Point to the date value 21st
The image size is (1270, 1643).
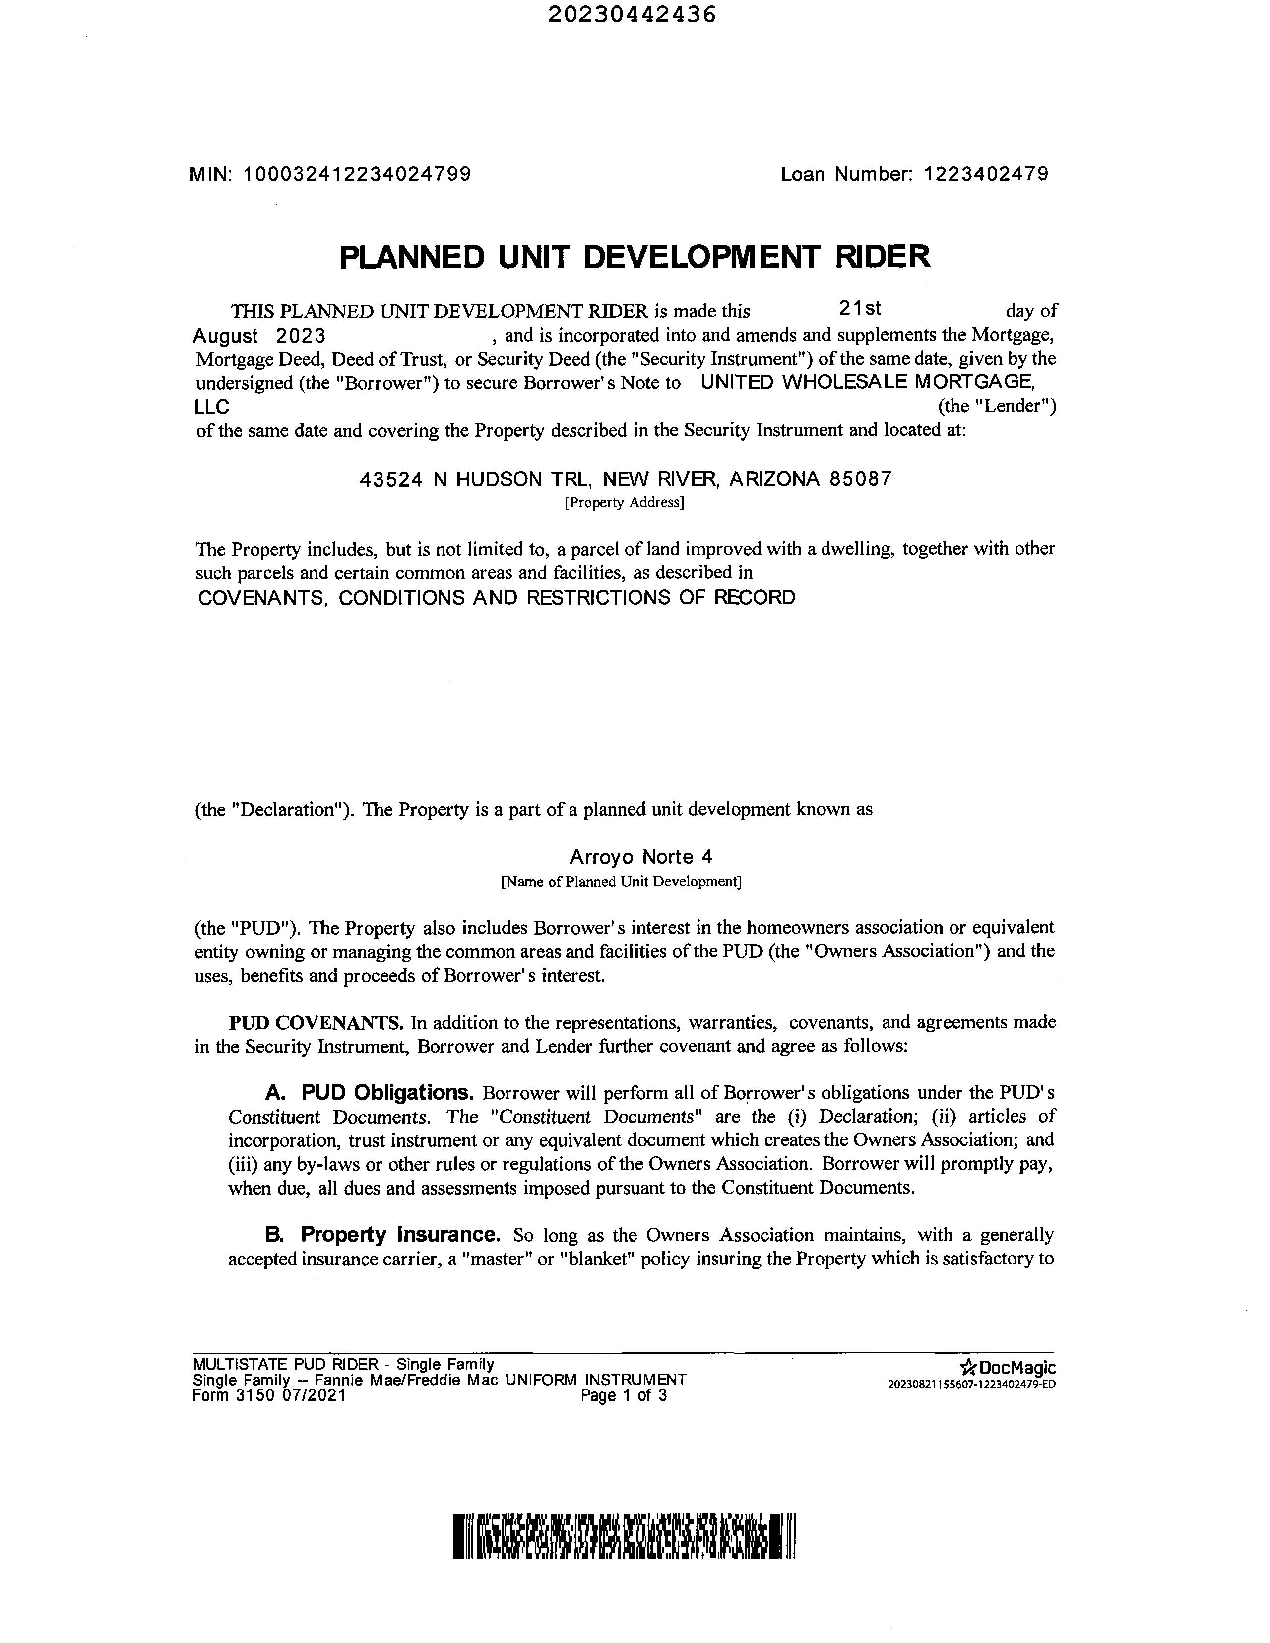coord(860,309)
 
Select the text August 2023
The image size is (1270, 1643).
coord(259,335)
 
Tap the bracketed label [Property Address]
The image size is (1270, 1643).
coord(624,503)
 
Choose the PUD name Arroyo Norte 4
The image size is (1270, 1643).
coord(641,857)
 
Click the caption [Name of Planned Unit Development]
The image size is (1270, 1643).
coord(622,881)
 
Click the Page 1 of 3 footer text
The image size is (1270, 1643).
coord(624,1396)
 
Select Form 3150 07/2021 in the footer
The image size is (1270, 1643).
coord(269,1396)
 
